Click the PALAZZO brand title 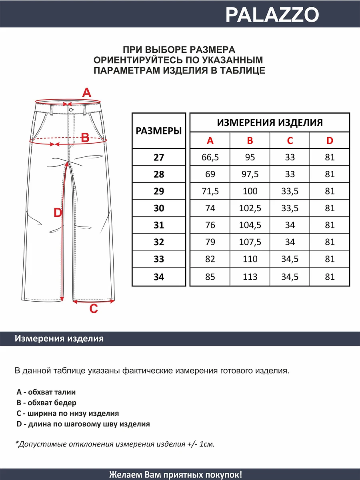(272, 15)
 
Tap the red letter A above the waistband (86, 93)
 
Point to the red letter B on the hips (85, 138)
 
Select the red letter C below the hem (93, 309)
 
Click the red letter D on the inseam (58, 213)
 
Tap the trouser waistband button (71, 109)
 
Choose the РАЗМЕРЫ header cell (159, 131)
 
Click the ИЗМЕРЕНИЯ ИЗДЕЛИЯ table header (270, 122)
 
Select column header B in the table (250, 141)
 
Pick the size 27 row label (159, 158)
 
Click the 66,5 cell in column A (210, 158)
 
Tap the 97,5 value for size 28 (250, 174)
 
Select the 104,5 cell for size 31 (250, 225)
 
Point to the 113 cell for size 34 (250, 277)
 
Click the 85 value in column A (210, 277)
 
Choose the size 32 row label (159, 242)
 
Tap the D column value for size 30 (330, 208)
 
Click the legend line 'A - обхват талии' (46, 392)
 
